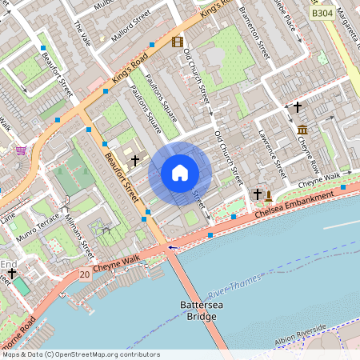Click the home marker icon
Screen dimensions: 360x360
pos(180,173)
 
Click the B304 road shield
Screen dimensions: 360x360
pos(322,14)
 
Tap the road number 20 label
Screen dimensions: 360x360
pos(85,274)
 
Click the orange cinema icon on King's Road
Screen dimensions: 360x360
pos(177,42)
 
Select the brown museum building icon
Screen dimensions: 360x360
pos(302,130)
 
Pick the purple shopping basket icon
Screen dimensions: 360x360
pos(20,150)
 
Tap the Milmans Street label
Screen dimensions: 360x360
pos(79,232)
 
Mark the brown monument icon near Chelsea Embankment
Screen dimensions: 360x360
pos(269,194)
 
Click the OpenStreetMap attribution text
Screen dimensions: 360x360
pos(80,354)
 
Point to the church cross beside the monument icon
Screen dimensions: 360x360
pos(257,194)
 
